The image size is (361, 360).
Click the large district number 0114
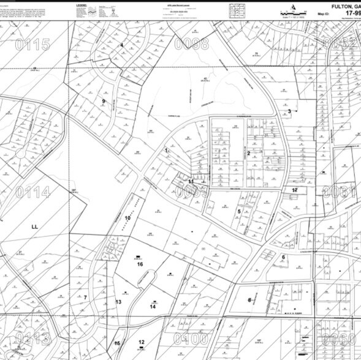point(32,193)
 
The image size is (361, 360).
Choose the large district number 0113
point(32,339)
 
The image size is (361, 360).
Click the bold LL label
point(35,226)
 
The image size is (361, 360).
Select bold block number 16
point(140,264)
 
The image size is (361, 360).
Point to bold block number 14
point(153,307)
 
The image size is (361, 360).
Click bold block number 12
point(142,342)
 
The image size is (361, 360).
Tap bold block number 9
point(104,101)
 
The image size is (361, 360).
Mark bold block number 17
point(295,190)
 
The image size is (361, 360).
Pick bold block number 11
point(191,182)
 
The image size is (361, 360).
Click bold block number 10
point(128,217)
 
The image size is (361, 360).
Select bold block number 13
point(119,302)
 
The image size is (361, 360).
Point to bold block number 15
point(116,343)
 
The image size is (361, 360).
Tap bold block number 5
point(239,212)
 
